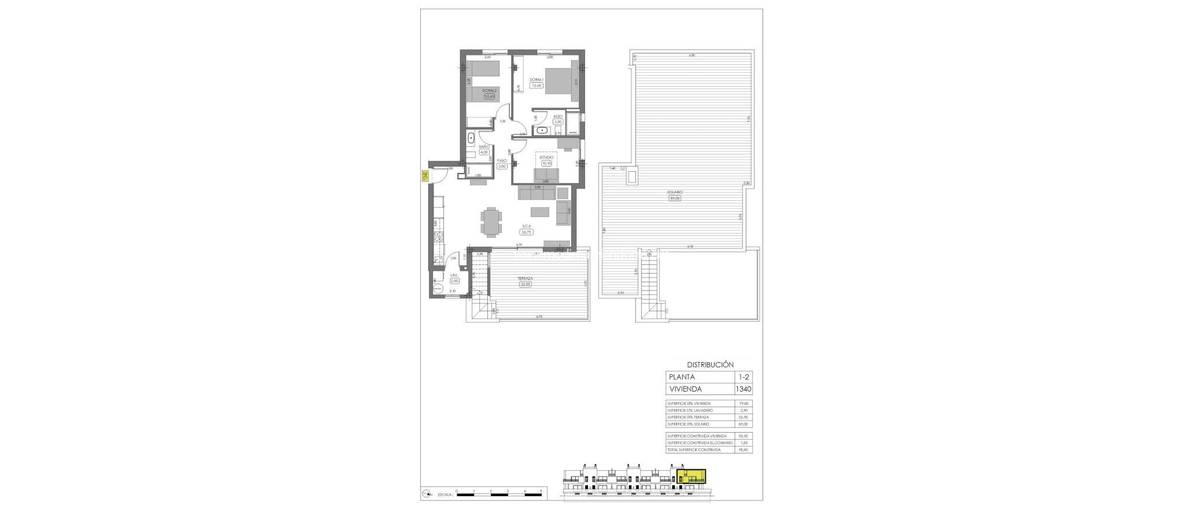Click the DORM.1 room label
click(536, 79)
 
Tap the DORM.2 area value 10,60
click(490, 97)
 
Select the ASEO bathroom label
click(558, 116)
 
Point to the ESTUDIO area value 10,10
click(546, 163)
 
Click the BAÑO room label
click(484, 147)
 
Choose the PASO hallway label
click(502, 160)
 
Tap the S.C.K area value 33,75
click(526, 232)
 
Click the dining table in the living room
click(491, 222)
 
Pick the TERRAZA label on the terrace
click(525, 278)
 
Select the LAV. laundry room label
click(454, 275)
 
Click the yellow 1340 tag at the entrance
click(425, 176)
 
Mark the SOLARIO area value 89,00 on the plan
click(675, 198)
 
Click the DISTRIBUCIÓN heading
click(710, 365)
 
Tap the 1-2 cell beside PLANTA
click(744, 377)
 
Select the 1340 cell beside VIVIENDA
click(744, 389)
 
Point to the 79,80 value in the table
click(744, 404)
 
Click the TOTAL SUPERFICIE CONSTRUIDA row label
click(694, 449)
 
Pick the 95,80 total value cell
click(744, 449)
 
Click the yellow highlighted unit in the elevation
click(691, 477)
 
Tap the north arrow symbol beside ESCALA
click(427, 493)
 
